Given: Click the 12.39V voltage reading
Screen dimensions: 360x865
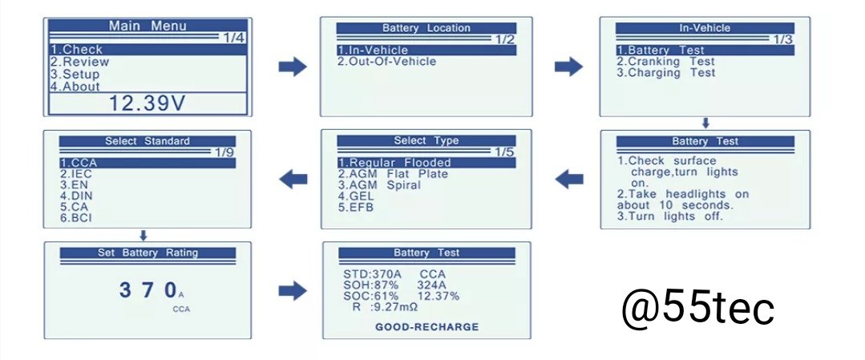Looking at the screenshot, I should pyautogui.click(x=147, y=103).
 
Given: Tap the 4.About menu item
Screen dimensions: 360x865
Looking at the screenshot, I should pyautogui.click(x=75, y=87).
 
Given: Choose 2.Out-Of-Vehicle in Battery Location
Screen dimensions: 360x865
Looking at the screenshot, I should pyautogui.click(x=386, y=62).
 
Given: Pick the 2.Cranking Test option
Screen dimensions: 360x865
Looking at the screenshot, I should pyautogui.click(x=665, y=62).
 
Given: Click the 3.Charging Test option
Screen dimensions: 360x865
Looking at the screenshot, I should pyautogui.click(x=665, y=73).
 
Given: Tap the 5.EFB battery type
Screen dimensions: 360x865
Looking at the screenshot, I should pyautogui.click(x=355, y=207).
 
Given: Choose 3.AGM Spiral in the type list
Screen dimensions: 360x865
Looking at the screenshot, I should pyautogui.click(x=379, y=184).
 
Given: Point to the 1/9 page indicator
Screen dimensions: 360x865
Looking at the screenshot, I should pyautogui.click(x=225, y=152).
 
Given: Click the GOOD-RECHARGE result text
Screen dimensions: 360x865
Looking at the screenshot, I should pyautogui.click(x=426, y=327).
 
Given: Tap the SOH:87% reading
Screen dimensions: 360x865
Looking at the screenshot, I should pyautogui.click(x=366, y=285).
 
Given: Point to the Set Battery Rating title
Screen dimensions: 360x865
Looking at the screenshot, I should pyautogui.click(x=148, y=253).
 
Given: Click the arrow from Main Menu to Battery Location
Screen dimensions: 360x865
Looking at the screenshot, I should pyautogui.click(x=293, y=67).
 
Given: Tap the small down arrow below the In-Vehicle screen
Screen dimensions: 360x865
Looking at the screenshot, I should pyautogui.click(x=705, y=123).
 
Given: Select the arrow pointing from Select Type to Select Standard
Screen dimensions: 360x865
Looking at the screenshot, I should pyautogui.click(x=293, y=179).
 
